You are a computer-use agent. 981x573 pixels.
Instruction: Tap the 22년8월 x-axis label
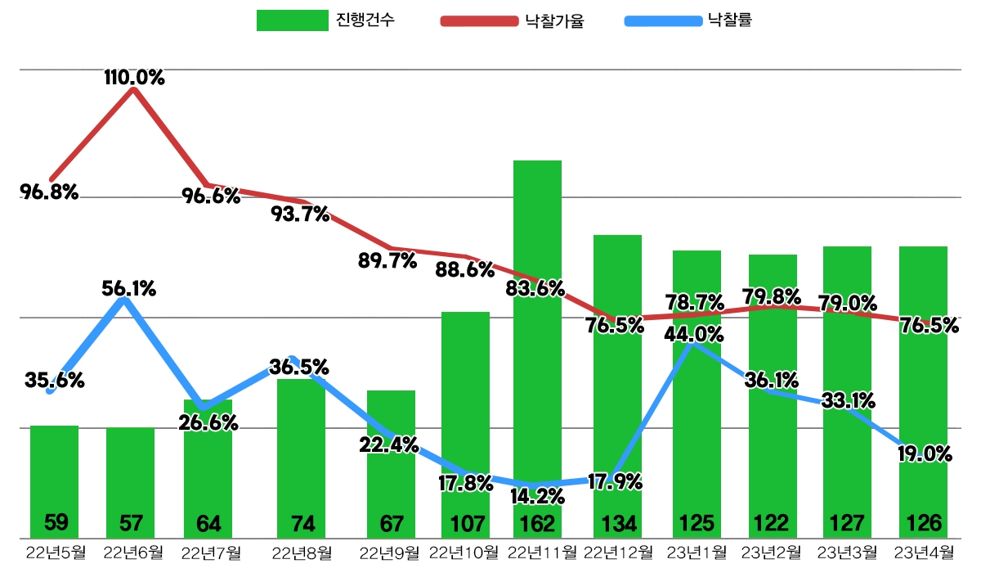301,552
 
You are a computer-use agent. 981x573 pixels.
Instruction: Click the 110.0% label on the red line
134,79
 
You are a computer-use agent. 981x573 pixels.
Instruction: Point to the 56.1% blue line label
129,288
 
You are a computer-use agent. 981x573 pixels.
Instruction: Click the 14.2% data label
537,496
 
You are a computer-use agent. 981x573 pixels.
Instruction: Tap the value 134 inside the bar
617,522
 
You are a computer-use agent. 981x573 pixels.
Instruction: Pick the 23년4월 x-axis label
924,552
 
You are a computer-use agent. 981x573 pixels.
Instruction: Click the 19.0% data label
925,453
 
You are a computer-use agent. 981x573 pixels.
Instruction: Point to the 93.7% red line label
300,214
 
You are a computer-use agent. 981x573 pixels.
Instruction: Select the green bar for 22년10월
465,409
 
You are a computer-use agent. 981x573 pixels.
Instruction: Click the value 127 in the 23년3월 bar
847,522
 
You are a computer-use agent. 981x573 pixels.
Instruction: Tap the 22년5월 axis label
55,552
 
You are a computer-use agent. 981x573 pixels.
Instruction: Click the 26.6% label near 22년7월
208,422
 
